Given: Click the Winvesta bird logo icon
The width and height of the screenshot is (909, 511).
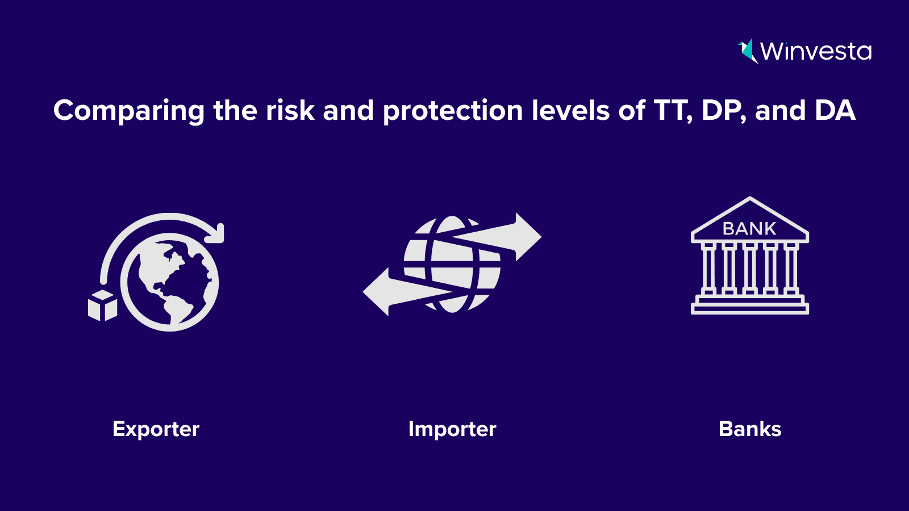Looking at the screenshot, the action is point(748,51).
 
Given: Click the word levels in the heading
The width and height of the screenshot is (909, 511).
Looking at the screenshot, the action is point(571,110).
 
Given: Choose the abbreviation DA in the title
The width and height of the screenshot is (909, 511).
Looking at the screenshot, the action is point(835,110).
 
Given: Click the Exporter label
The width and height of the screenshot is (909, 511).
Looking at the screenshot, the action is point(156,429).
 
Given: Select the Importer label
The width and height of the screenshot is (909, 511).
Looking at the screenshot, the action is point(452,429).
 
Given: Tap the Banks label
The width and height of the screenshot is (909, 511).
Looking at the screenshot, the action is point(750,429).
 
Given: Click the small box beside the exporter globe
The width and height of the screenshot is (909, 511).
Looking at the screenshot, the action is point(103,305).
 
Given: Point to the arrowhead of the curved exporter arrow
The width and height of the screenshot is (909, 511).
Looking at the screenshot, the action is point(215,233).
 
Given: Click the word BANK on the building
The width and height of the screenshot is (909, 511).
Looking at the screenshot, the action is point(749,229).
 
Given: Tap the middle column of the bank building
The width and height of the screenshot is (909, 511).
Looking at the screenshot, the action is point(750,269).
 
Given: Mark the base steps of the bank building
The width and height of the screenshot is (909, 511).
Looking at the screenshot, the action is point(750,305).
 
